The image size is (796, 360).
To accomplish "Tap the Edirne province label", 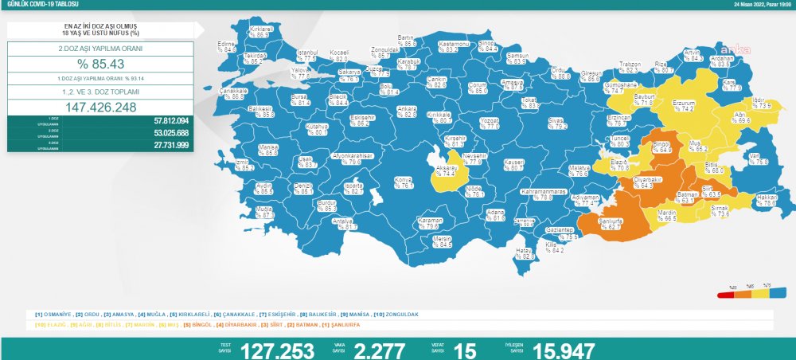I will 228,46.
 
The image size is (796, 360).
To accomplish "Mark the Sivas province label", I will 555,123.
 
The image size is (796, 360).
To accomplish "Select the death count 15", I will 465,350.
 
